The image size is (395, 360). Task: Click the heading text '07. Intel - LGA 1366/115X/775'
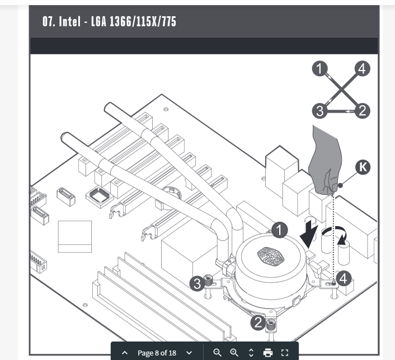pos(109,22)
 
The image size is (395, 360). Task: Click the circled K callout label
pos(363,167)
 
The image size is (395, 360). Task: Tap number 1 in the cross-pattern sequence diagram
pos(319,69)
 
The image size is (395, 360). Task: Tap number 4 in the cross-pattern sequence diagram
pos(362,69)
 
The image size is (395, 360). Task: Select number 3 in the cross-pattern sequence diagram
pos(319,111)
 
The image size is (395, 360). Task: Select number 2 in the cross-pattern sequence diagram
pos(362,111)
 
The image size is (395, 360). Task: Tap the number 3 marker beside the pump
pos(197,283)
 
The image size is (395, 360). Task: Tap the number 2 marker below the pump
pos(257,322)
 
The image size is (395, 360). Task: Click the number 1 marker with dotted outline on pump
pos(279,229)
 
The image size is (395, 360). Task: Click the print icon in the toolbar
pos(268,353)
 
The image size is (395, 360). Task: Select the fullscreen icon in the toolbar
pos(285,353)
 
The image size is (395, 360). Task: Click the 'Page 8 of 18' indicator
pos(157,353)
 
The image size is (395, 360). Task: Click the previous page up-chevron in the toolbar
pos(125,353)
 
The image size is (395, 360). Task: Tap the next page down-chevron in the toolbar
pos(189,353)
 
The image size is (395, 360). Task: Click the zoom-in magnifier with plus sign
pos(234,353)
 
